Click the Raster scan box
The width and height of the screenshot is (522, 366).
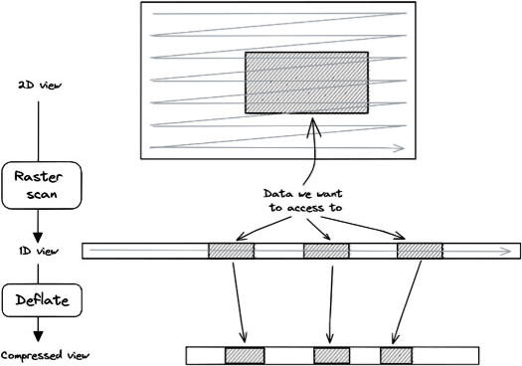point(42,186)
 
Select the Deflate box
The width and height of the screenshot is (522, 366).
point(42,300)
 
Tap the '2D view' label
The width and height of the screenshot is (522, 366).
point(40,86)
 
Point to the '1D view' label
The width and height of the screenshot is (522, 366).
point(39,251)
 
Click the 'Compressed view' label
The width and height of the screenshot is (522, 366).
point(46,355)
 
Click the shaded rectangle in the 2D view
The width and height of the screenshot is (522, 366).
point(306,83)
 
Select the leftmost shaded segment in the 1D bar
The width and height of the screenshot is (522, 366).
point(231,251)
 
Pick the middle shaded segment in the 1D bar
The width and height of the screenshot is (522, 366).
point(326,251)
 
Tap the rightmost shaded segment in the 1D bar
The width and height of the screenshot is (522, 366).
point(420,251)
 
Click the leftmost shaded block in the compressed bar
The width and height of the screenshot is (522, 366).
point(245,356)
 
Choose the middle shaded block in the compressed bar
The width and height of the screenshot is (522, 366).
point(331,356)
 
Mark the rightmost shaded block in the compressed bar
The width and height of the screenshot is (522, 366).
point(396,356)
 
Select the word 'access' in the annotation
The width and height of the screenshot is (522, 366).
point(305,208)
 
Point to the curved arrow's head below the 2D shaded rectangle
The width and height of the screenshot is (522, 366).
point(313,126)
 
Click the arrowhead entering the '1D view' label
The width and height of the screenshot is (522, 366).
point(38,238)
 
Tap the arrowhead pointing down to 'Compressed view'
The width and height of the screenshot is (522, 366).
point(39,336)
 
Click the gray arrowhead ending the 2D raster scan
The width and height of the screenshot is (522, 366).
point(399,148)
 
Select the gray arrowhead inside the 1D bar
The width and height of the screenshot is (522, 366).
point(505,251)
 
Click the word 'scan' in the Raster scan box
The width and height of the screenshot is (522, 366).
point(42,194)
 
